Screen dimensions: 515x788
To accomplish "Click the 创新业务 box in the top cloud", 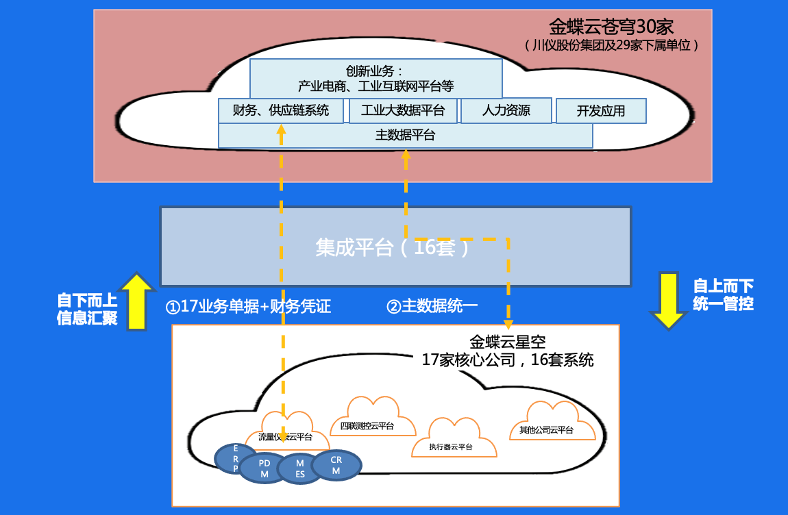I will pyautogui.click(x=375, y=78).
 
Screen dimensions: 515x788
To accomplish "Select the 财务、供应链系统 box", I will pyautogui.click(x=281, y=111).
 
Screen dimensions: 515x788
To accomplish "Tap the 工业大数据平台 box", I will pyautogui.click(x=403, y=111).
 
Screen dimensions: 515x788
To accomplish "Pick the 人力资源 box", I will pyautogui.click(x=506, y=111).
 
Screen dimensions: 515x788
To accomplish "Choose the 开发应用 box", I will pyautogui.click(x=600, y=111).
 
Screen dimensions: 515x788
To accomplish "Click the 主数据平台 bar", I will pyautogui.click(x=405, y=136).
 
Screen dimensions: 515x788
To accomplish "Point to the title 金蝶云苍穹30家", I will pyautogui.click(x=611, y=27).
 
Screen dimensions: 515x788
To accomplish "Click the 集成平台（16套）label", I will pyautogui.click(x=394, y=247).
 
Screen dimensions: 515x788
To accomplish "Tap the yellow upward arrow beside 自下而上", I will pyautogui.click(x=137, y=301).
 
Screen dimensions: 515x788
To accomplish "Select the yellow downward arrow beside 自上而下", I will pyautogui.click(x=669, y=300).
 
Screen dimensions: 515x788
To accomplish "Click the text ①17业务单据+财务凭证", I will pyautogui.click(x=249, y=307).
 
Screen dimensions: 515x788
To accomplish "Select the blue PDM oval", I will pyautogui.click(x=264, y=468).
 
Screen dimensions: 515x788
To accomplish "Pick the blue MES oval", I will pyautogui.click(x=300, y=469).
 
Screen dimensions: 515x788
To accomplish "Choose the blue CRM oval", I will pyautogui.click(x=336, y=465).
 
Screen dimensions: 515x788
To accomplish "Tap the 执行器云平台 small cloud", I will pyautogui.click(x=453, y=440).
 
